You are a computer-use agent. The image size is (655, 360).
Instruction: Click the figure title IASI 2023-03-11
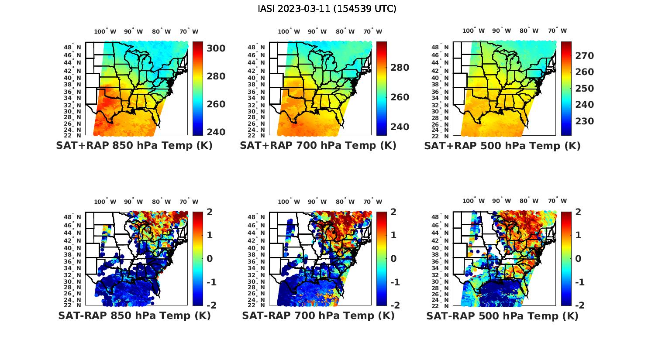pyautogui.click(x=327, y=8)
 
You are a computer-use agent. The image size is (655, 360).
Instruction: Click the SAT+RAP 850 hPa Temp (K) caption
pyautogui.click(x=134, y=146)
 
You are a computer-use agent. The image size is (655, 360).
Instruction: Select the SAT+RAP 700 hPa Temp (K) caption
pyautogui.click(x=318, y=146)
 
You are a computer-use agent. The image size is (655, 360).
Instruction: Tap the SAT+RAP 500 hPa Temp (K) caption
pyautogui.click(x=502, y=146)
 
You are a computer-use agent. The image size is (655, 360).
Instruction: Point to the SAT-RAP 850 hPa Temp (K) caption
pyautogui.click(x=134, y=315)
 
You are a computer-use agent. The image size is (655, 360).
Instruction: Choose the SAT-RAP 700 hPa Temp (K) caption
pyautogui.click(x=318, y=315)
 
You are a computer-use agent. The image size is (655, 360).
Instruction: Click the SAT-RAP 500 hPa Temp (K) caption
pyautogui.click(x=502, y=315)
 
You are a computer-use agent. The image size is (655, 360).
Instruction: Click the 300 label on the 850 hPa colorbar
pyautogui.click(x=216, y=48)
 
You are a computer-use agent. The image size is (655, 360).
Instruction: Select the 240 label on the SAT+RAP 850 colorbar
pyautogui.click(x=216, y=132)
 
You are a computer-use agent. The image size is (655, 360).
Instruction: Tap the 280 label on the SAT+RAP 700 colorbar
pyautogui.click(x=400, y=67)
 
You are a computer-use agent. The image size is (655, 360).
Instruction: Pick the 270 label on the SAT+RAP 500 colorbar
pyautogui.click(x=584, y=55)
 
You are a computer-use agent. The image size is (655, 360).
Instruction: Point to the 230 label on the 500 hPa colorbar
pyautogui.click(x=584, y=121)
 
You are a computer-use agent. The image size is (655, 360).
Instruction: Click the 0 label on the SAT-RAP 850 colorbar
pyautogui.click(x=209, y=258)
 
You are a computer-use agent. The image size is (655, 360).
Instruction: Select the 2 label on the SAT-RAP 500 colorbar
pyautogui.click(x=578, y=212)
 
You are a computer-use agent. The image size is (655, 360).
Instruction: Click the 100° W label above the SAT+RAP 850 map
pyautogui.click(x=105, y=31)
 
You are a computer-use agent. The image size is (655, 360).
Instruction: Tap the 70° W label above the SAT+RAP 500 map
pyautogui.click(x=557, y=31)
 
